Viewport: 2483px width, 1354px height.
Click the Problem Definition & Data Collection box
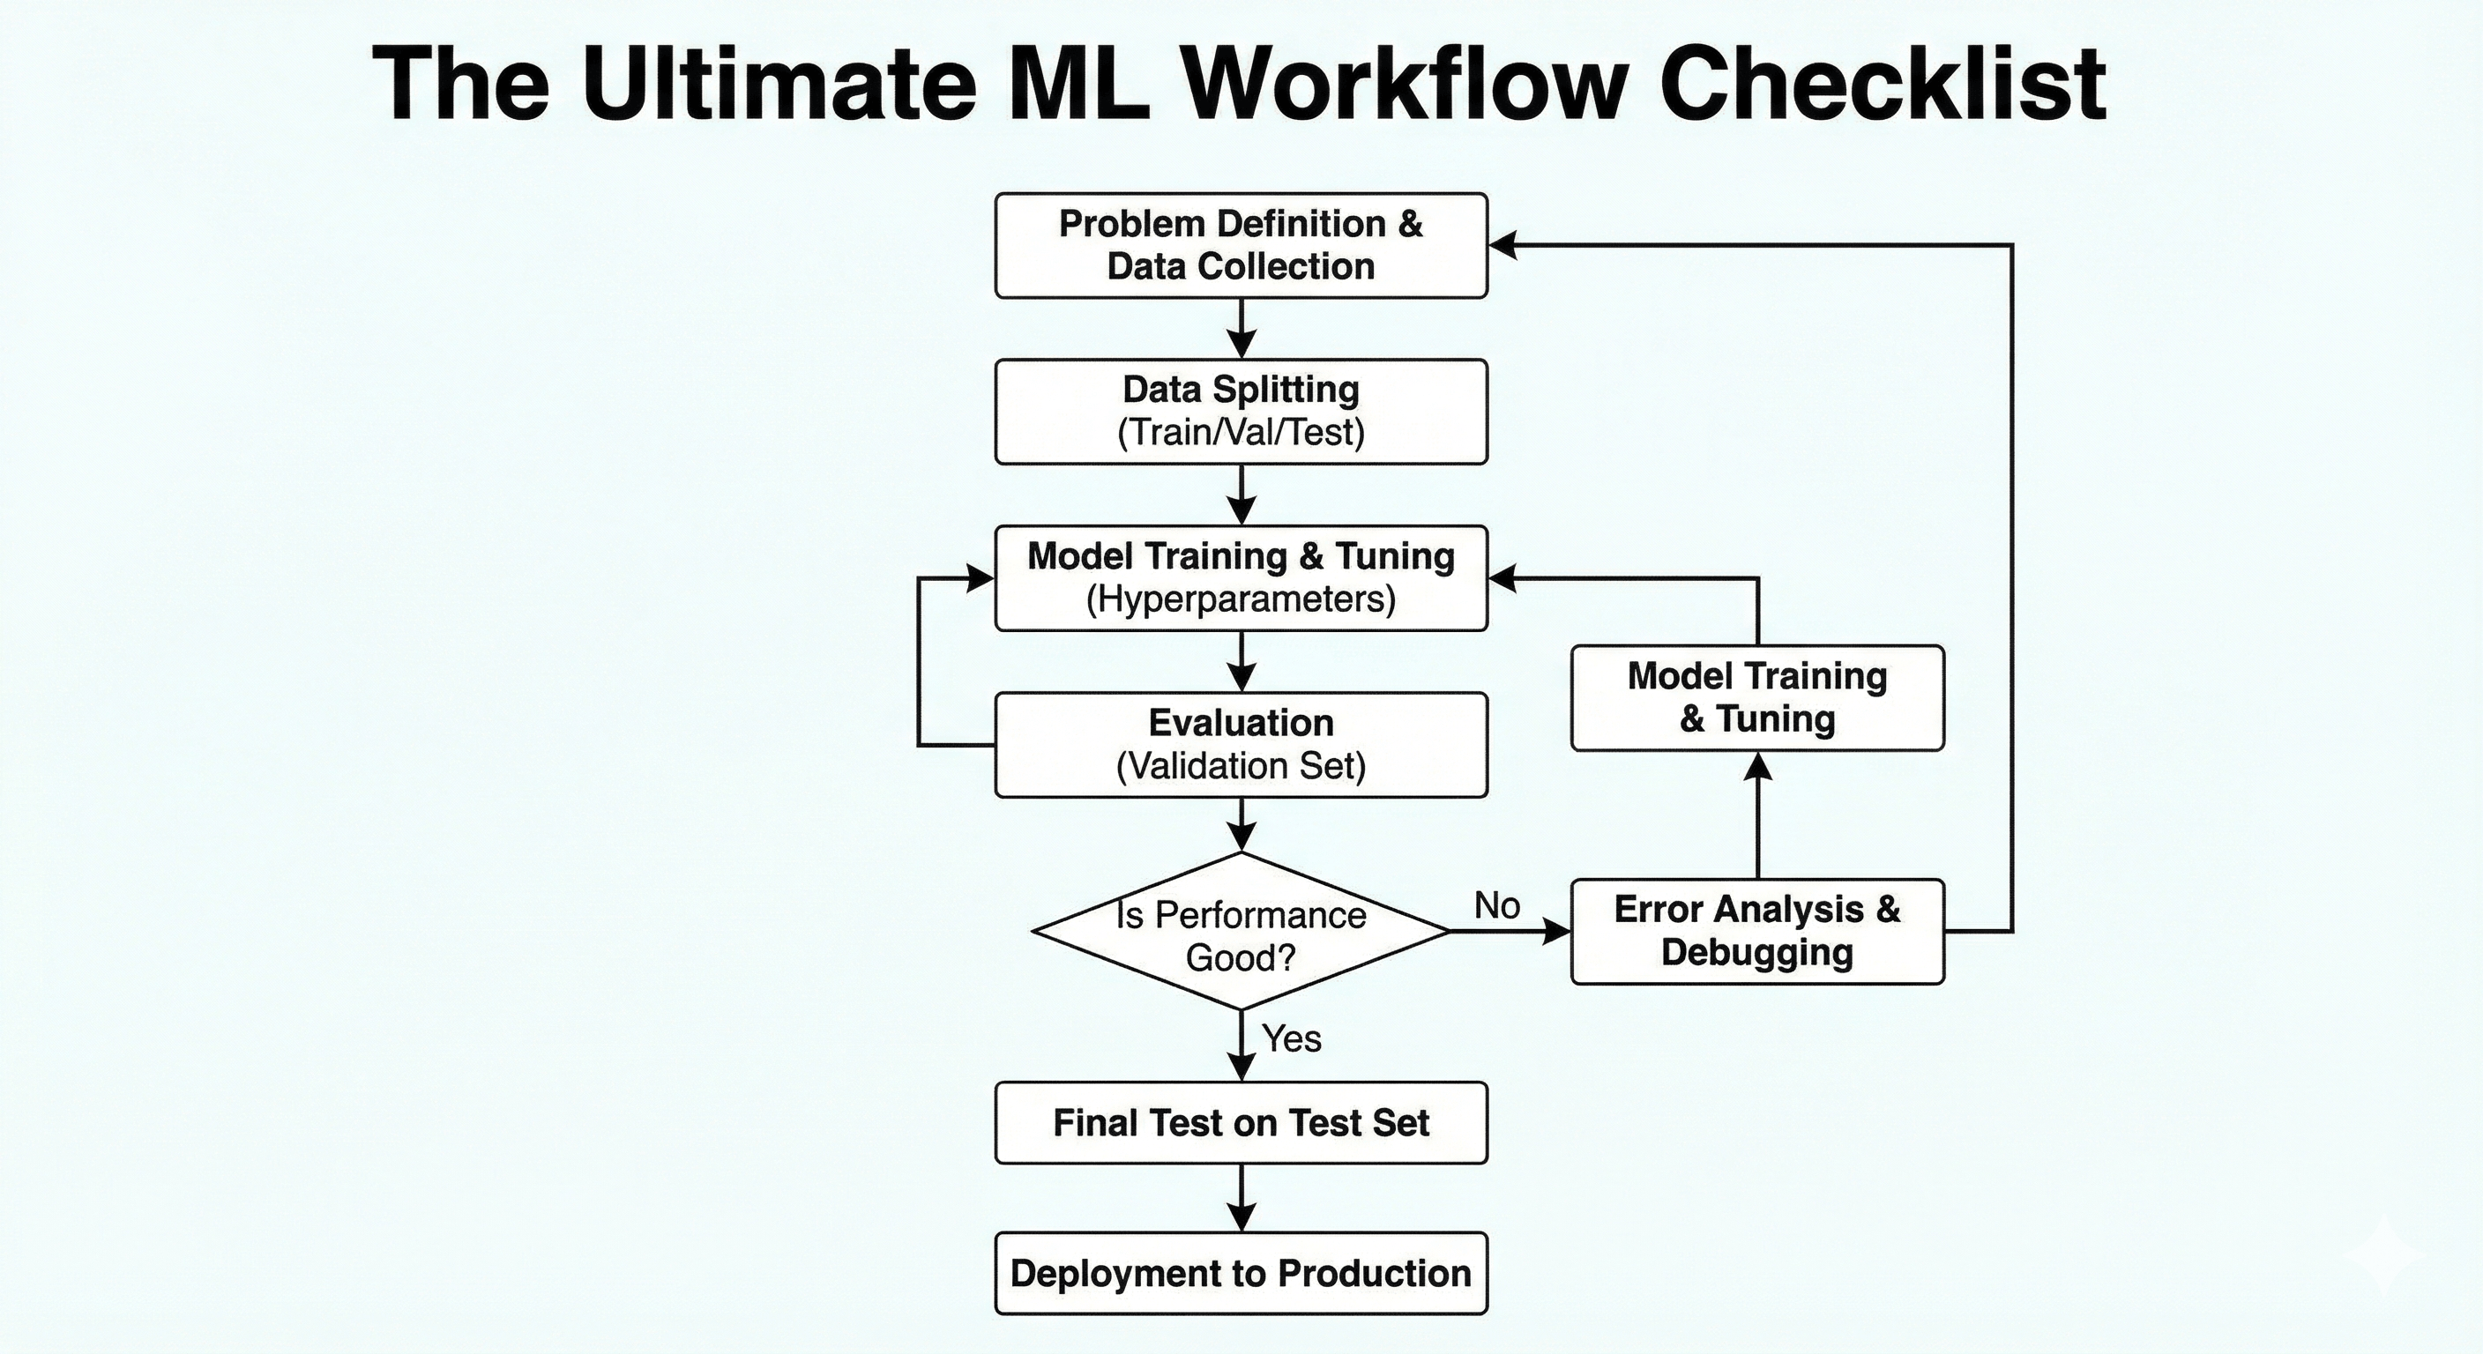click(x=1241, y=245)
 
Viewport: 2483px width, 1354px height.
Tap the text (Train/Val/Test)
click(x=1241, y=433)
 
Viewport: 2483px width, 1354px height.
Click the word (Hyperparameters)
click(x=1241, y=599)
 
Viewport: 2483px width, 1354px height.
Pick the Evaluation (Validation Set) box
click(x=1241, y=744)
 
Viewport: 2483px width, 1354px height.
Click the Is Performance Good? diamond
click(x=1241, y=933)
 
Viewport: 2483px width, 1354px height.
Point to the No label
click(x=1497, y=906)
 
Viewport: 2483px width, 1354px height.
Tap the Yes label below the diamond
click(x=1292, y=1039)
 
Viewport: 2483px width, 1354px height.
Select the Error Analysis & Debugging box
click(x=1756, y=931)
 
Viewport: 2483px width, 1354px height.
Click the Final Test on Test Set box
click(x=1241, y=1123)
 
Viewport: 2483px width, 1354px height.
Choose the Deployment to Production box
click(x=1241, y=1273)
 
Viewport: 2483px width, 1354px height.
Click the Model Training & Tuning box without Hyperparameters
click(x=1756, y=698)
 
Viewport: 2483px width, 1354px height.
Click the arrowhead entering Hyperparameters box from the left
click(x=981, y=578)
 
